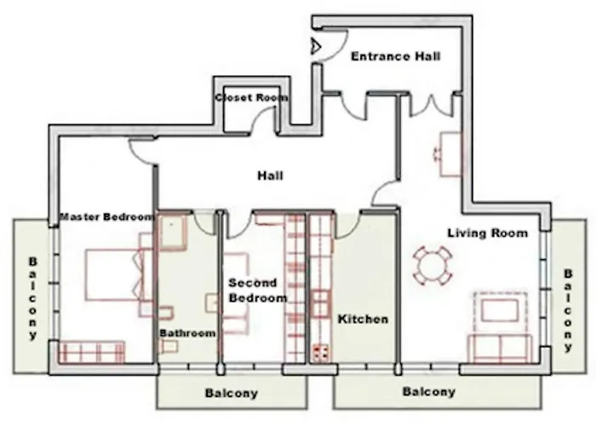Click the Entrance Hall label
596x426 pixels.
click(396, 57)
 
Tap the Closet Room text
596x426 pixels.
click(251, 98)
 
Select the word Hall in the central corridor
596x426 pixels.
click(270, 176)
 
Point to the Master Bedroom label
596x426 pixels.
click(106, 217)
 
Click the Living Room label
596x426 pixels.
click(487, 233)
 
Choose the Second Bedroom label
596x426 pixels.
click(257, 291)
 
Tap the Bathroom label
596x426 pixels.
click(187, 333)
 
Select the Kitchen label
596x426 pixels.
click(364, 319)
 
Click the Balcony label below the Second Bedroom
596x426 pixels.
click(231, 394)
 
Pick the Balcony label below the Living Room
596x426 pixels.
click(428, 393)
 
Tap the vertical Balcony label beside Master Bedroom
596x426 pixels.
click(33, 298)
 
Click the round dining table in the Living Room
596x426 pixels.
click(433, 266)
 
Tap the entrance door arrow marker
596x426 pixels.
click(314, 46)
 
